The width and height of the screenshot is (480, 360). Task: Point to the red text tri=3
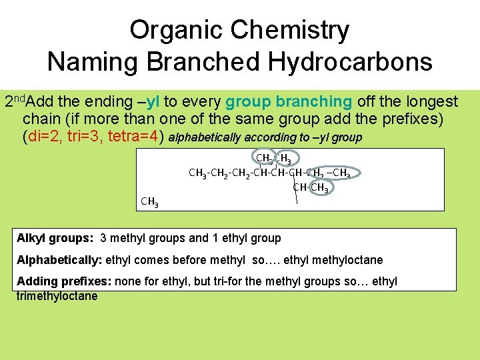[x=85, y=137]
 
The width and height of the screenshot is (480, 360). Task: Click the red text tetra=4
[x=136, y=137]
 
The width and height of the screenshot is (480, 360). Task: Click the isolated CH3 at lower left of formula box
[x=149, y=201]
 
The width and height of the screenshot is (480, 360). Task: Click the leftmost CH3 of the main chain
[x=197, y=173]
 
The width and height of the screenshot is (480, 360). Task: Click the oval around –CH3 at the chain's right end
[x=344, y=173]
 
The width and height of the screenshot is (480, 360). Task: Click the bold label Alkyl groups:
[x=55, y=238]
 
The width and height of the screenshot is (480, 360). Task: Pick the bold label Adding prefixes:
[x=63, y=281]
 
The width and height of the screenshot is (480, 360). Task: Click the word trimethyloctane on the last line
[x=57, y=296]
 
